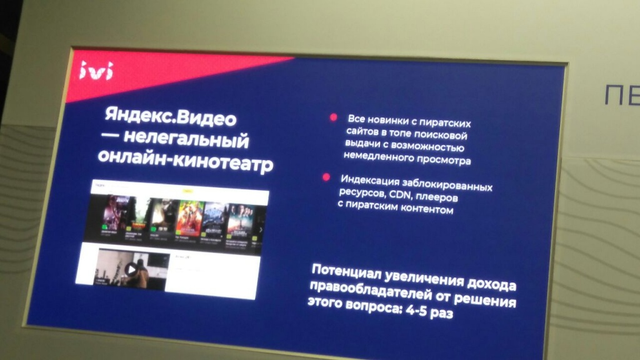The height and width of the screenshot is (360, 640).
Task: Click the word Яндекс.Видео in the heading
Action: [171, 117]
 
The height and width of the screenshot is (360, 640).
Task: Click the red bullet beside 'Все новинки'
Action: [334, 117]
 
